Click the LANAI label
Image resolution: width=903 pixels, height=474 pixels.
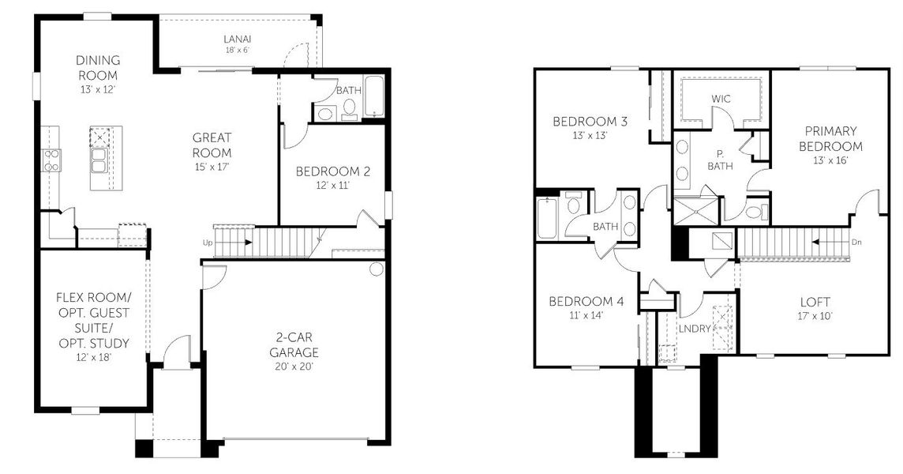tap(238, 39)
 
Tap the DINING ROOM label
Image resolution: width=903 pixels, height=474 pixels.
tap(98, 67)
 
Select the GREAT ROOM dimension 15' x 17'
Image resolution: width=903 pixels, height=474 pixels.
tap(212, 167)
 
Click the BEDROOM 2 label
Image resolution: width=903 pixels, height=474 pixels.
tap(333, 171)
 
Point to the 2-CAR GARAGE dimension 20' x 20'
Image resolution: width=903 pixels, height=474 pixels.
tap(294, 367)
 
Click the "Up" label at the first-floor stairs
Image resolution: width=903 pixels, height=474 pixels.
tap(208, 243)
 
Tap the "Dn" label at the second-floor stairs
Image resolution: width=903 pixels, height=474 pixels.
tap(857, 243)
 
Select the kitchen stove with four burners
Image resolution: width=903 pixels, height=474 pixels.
tap(51, 160)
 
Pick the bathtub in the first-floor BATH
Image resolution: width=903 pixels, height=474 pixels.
tap(374, 96)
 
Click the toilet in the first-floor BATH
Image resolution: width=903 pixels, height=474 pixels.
tap(350, 108)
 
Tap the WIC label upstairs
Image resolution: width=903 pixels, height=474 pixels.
tap(721, 99)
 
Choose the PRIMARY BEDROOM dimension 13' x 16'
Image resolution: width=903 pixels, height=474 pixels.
tap(830, 161)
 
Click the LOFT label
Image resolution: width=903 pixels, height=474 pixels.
tap(815, 302)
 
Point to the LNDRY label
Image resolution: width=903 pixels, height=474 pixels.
tap(695, 328)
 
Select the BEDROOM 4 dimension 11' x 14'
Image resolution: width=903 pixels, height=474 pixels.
tap(586, 315)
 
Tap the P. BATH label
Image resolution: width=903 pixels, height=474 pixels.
tap(721, 160)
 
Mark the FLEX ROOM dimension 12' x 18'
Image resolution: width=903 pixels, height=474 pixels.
tap(93, 358)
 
